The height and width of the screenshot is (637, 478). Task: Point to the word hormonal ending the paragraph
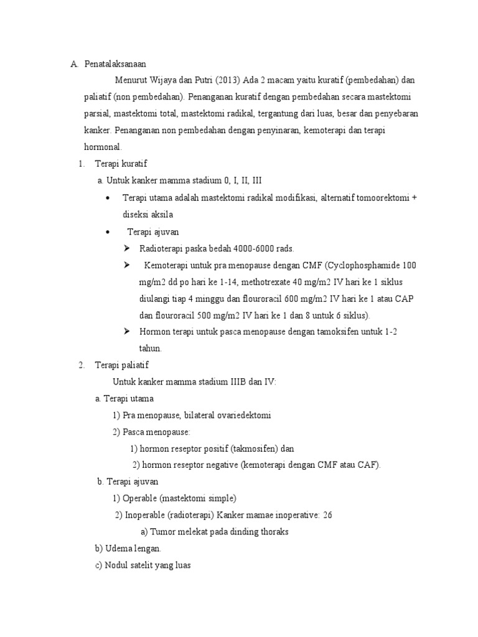point(103,147)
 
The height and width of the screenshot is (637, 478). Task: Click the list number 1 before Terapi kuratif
point(81,164)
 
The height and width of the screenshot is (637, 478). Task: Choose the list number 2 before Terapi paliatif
point(81,365)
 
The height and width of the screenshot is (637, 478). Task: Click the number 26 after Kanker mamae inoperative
point(328,516)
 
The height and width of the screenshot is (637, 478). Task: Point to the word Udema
point(118,549)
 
